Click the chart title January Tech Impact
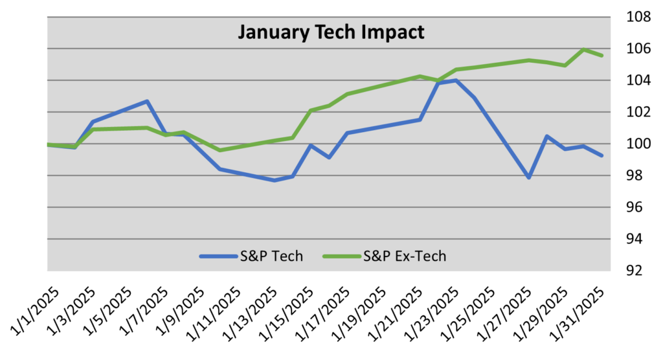pyautogui.click(x=331, y=32)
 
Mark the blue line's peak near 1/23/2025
pyautogui.click(x=456, y=80)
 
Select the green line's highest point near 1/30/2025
pyautogui.click(x=584, y=49)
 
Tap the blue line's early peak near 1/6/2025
pyautogui.click(x=148, y=101)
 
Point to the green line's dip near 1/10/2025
pyautogui.click(x=220, y=150)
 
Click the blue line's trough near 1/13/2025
pyautogui.click(x=275, y=181)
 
